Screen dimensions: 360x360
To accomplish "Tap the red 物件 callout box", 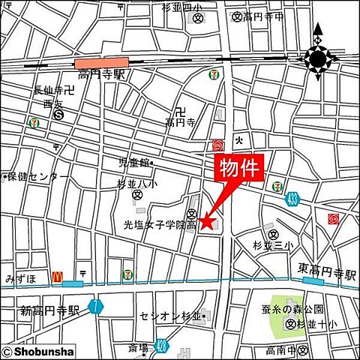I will point(241,169).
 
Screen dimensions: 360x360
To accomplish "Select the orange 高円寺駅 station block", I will point(100,64).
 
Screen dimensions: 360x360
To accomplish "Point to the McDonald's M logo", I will point(56,276).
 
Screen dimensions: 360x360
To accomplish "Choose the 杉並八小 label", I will point(138,183).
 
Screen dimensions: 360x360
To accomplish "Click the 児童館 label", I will point(133,161).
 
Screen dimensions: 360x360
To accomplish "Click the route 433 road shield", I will point(292,199).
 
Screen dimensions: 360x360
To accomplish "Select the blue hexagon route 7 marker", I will point(94,305).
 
